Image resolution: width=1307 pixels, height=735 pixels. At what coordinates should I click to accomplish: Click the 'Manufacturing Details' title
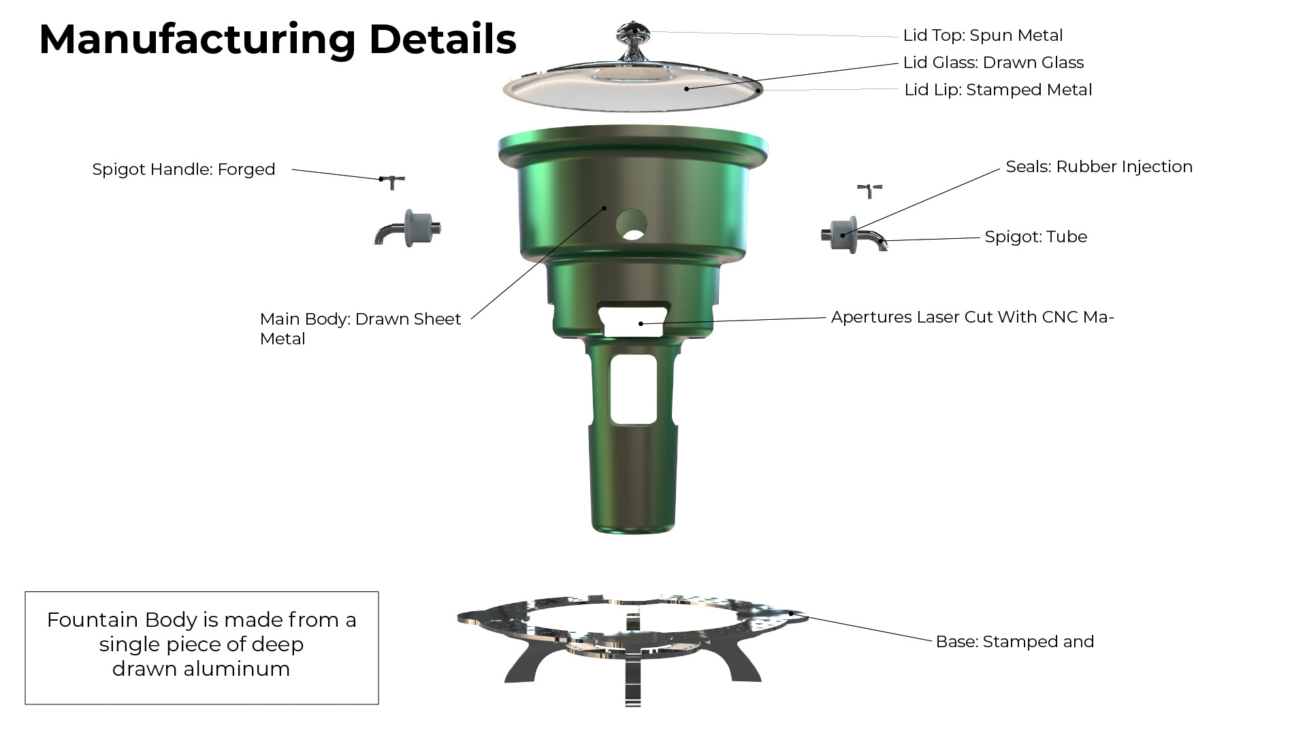[x=278, y=39]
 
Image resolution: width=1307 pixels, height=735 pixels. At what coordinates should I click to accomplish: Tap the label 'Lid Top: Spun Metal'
[x=982, y=35]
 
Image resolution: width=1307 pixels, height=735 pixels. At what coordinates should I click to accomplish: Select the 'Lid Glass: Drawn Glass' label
[x=993, y=63]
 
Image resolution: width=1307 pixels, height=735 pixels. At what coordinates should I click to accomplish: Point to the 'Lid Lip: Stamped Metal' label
[x=998, y=90]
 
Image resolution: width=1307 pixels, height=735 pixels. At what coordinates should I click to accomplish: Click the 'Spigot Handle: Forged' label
[x=184, y=169]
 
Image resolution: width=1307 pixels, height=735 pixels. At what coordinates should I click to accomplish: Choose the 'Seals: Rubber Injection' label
[x=1099, y=167]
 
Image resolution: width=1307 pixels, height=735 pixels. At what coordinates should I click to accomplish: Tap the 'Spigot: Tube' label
[x=1035, y=237]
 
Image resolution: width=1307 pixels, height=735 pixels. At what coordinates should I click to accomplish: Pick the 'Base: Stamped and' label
[x=1014, y=642]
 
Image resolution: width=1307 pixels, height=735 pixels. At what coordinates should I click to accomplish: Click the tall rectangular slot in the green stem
[x=633, y=390]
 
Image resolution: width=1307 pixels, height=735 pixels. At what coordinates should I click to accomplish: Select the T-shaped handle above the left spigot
[x=392, y=181]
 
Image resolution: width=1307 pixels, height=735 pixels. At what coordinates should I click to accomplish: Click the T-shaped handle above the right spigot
[x=870, y=190]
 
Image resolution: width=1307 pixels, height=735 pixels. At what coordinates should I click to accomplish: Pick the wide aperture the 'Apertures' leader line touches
[x=632, y=321]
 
